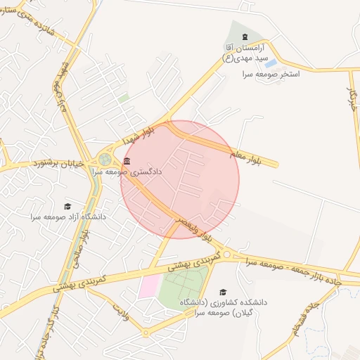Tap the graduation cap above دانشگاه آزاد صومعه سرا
click(x=67, y=206)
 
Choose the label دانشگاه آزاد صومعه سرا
click(x=67, y=217)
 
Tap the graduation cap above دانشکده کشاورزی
click(x=223, y=292)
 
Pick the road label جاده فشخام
click(x=317, y=320)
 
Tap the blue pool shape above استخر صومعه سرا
click(x=271, y=63)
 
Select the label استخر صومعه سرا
click(x=271, y=74)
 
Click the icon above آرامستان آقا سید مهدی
click(x=244, y=37)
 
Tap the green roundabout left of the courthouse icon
click(x=105, y=160)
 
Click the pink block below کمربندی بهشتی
click(x=149, y=285)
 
